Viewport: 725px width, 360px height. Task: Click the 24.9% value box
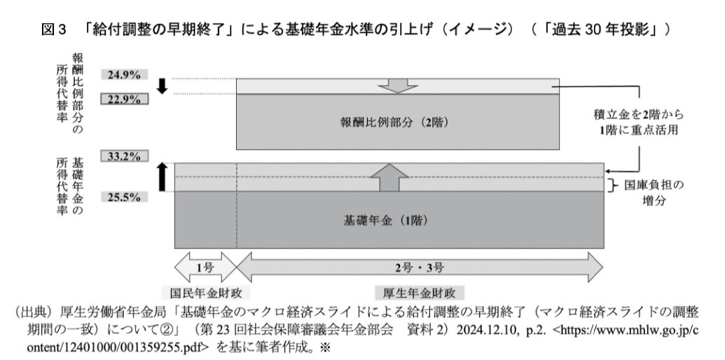[125, 74]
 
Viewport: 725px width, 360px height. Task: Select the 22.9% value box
[125, 99]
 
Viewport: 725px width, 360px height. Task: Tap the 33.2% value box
[125, 156]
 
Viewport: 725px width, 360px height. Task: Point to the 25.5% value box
[125, 198]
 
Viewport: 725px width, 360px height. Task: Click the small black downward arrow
[162, 86]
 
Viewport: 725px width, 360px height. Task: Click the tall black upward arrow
[162, 177]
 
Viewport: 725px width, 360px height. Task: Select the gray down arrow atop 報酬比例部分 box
[398, 86]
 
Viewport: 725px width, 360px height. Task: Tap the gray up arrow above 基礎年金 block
[389, 177]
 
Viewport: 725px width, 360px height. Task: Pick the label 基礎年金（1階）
[385, 220]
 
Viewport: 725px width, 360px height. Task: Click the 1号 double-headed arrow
[205, 267]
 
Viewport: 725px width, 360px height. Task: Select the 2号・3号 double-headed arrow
[420, 267]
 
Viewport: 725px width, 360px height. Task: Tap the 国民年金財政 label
[205, 293]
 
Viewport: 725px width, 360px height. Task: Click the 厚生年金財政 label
[419, 293]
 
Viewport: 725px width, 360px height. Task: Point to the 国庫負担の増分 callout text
[654, 193]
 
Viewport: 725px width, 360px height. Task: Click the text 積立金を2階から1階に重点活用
[638, 122]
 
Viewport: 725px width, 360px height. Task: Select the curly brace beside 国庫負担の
[613, 186]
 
